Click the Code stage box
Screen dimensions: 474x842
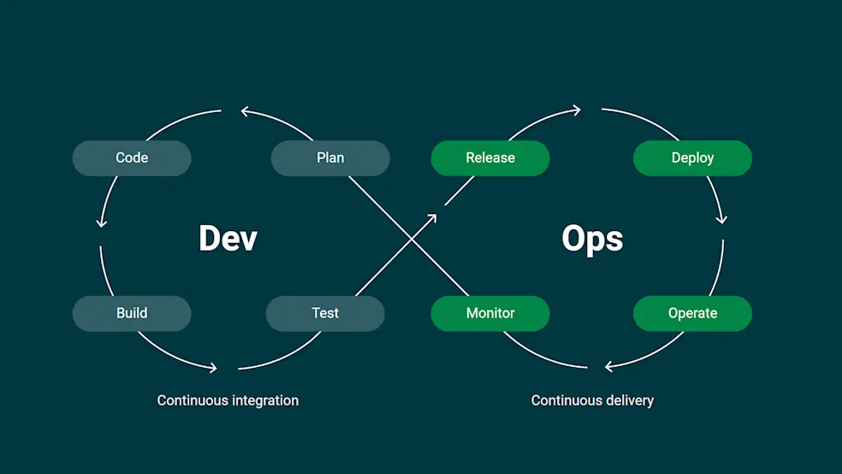(132, 158)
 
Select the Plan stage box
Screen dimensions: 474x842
(330, 158)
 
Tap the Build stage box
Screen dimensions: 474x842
(132, 313)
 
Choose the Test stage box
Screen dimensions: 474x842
(325, 313)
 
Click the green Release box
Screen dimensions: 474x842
(490, 158)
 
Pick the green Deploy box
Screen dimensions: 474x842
(692, 158)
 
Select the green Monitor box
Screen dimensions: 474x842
(490, 313)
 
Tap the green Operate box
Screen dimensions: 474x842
(692, 313)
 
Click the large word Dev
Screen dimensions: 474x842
(228, 238)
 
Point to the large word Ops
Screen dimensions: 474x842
(592, 238)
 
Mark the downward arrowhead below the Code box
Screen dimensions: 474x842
(102, 222)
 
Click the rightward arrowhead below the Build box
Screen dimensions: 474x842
(212, 369)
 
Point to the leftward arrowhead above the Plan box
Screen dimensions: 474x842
(246, 110)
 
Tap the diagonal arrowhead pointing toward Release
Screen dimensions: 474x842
(432, 218)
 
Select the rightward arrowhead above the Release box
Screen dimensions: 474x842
(577, 110)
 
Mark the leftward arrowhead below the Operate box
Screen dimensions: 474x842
(609, 366)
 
